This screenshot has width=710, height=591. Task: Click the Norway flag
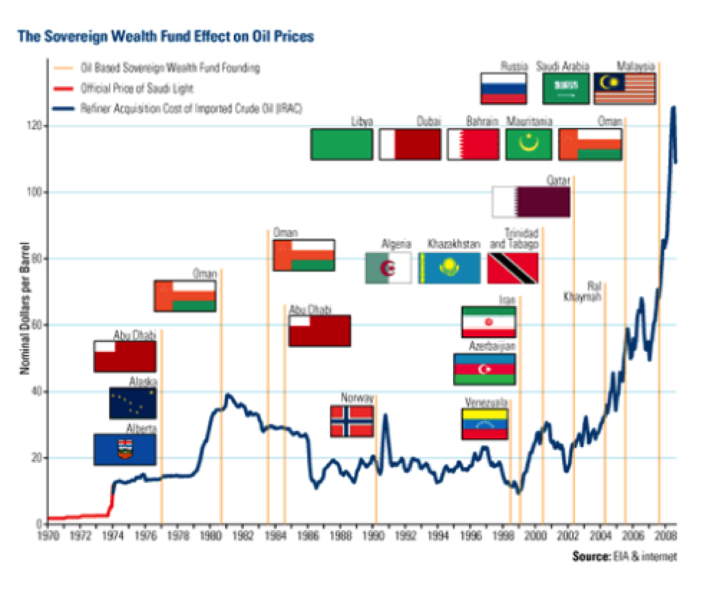pyautogui.click(x=352, y=421)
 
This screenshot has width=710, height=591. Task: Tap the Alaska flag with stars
pyautogui.click(x=132, y=403)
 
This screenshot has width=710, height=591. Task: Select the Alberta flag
pyautogui.click(x=125, y=449)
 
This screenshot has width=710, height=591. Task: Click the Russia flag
pyautogui.click(x=503, y=88)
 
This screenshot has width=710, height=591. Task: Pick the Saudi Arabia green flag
pyautogui.click(x=565, y=88)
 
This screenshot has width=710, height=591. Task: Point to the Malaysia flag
pyautogui.click(x=625, y=88)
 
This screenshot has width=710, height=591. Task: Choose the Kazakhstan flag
pyautogui.click(x=449, y=268)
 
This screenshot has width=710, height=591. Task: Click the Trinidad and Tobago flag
pyautogui.click(x=512, y=268)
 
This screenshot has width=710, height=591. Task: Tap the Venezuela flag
pyautogui.click(x=484, y=423)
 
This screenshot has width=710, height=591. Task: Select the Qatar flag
pyautogui.click(x=531, y=201)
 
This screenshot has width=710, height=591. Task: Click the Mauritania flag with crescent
pyautogui.click(x=529, y=144)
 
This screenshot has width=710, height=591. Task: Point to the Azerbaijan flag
pyautogui.click(x=484, y=369)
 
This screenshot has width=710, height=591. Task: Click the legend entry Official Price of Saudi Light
pyautogui.click(x=136, y=88)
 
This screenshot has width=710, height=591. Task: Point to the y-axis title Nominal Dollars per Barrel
pyautogui.click(x=24, y=311)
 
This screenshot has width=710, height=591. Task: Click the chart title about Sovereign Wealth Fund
pyautogui.click(x=165, y=36)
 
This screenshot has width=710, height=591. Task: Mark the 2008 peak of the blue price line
pyautogui.click(x=673, y=107)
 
